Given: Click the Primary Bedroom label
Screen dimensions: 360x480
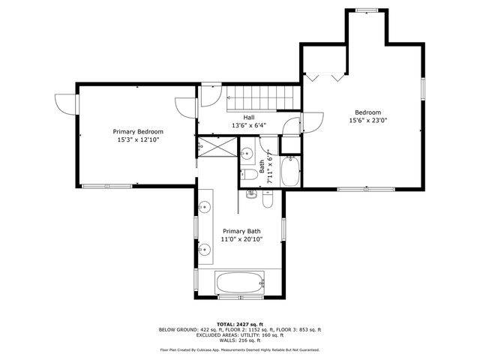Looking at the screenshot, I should (x=138, y=130).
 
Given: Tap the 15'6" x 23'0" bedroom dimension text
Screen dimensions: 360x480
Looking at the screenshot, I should (x=367, y=120).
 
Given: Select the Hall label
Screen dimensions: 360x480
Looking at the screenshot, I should (x=247, y=117).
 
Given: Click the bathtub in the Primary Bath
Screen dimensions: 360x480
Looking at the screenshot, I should (x=239, y=283).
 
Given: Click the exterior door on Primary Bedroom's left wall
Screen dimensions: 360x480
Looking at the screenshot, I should (x=66, y=105).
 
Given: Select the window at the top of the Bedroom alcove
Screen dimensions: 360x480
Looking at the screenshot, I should (x=366, y=10).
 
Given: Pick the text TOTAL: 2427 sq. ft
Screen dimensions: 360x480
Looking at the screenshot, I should (x=239, y=323).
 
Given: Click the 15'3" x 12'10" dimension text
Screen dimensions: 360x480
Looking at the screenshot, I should (x=138, y=139).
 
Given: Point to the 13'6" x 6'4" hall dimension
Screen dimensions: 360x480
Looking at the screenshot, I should (x=247, y=126).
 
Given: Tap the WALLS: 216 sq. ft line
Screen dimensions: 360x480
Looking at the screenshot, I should (x=239, y=340).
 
